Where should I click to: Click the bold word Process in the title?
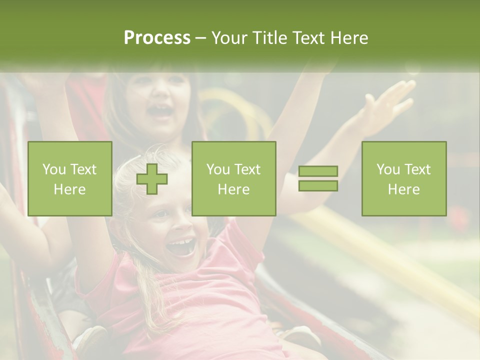[x=157, y=38]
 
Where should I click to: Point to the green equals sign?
[x=318, y=179]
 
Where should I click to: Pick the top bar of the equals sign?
[x=318, y=171]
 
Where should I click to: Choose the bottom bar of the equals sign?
[x=318, y=186]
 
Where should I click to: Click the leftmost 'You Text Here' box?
[x=70, y=179]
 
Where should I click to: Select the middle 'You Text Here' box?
[x=233, y=179]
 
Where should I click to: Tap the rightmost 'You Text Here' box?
[x=404, y=179]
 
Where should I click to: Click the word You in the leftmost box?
[x=53, y=169]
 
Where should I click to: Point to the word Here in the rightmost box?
[x=404, y=189]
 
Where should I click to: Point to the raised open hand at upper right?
[x=387, y=105]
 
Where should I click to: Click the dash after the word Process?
[x=201, y=38]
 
